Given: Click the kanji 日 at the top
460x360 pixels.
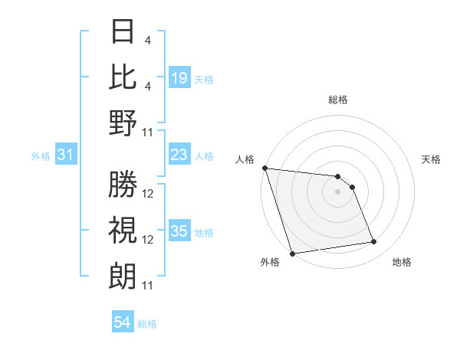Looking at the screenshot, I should [x=123, y=32].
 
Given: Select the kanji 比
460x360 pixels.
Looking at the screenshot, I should [x=123, y=77].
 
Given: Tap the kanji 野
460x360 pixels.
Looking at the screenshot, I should [x=123, y=123].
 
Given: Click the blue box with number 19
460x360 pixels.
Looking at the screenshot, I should [x=179, y=78].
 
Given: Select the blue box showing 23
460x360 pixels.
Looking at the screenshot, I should [x=179, y=155].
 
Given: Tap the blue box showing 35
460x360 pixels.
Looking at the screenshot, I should [x=179, y=232].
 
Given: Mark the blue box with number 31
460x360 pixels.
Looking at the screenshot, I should [x=66, y=155].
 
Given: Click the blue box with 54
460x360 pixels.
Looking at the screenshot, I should [x=123, y=322].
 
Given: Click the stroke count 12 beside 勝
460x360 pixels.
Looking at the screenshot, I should [x=149, y=194].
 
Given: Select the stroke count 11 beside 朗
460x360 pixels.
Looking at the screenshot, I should [x=149, y=286].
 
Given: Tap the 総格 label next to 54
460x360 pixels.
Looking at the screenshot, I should [x=147, y=324].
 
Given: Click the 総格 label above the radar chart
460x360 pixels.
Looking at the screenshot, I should [x=338, y=100].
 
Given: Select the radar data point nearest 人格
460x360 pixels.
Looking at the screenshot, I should [x=264, y=168].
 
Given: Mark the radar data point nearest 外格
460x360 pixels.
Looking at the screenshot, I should [x=292, y=254].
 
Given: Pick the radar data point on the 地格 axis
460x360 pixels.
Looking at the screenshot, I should [x=374, y=242].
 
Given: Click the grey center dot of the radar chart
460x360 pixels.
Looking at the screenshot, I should [x=338, y=191].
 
